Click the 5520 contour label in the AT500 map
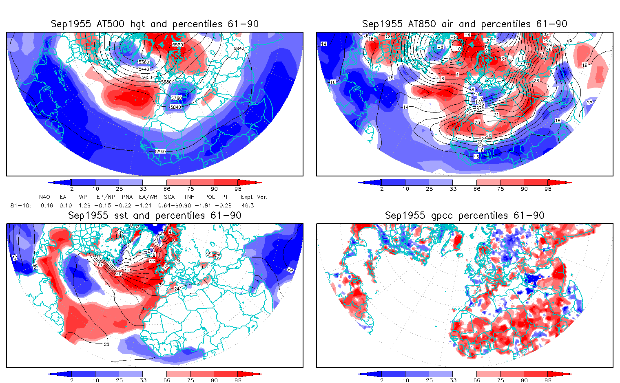pos(177,44)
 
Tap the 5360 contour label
pos(144,62)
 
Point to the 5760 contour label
pos(176,98)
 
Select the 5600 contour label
pos(146,77)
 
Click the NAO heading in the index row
pos(44,197)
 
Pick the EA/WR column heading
pos(148,197)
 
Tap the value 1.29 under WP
pos(84,205)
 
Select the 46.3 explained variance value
pos(248,205)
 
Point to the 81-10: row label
pos(20,205)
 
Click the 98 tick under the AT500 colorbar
pos(238,189)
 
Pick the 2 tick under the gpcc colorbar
pos(382,380)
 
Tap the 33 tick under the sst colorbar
pos(143,380)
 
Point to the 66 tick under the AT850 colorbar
pos(477,189)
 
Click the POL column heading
pos(210,197)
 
